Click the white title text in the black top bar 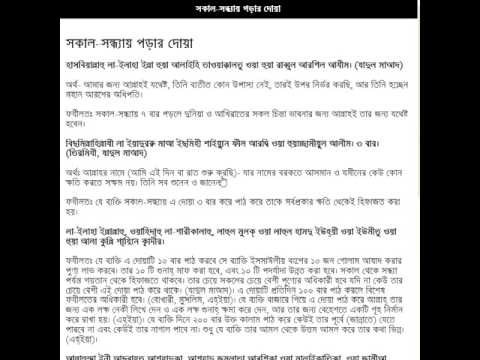click(x=240, y=9)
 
